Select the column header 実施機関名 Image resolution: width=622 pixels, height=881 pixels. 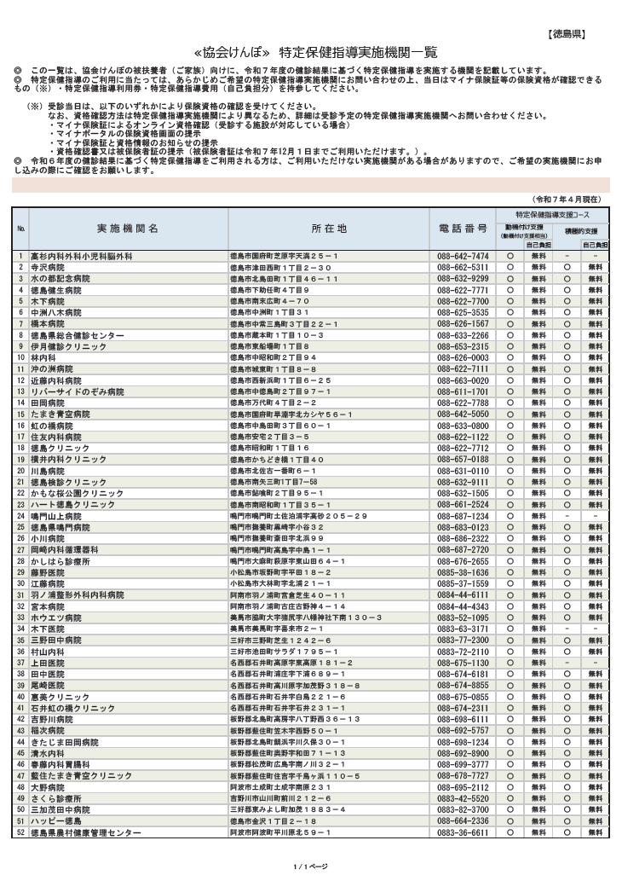(x=127, y=229)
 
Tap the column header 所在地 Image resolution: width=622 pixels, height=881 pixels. (x=329, y=229)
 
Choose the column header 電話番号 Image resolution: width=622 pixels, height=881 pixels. (x=463, y=229)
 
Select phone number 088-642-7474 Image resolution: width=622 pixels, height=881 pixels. (x=463, y=256)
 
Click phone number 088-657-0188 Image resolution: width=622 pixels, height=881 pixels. (x=463, y=459)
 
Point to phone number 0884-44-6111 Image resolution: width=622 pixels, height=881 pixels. (x=463, y=618)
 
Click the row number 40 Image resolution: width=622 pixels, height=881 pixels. (x=20, y=697)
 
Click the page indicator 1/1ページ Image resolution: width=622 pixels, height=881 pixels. (x=310, y=867)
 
